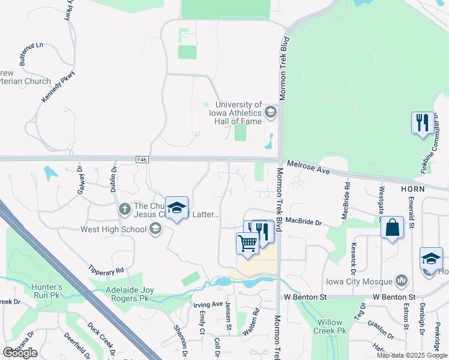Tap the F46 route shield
click(x=142, y=159)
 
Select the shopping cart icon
click(x=247, y=242)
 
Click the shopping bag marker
click(x=392, y=227)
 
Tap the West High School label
click(x=113, y=229)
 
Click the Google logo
click(x=20, y=352)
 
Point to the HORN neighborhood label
click(x=412, y=188)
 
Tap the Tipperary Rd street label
click(x=106, y=269)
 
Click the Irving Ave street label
click(x=208, y=305)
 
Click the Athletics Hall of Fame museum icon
click(x=271, y=112)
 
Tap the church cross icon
click(x=124, y=209)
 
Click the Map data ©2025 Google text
click(x=412, y=355)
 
